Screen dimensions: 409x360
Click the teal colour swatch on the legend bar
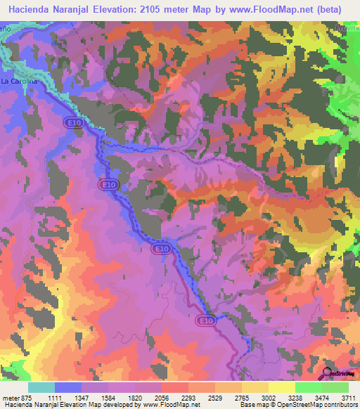[x=41, y=387]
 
